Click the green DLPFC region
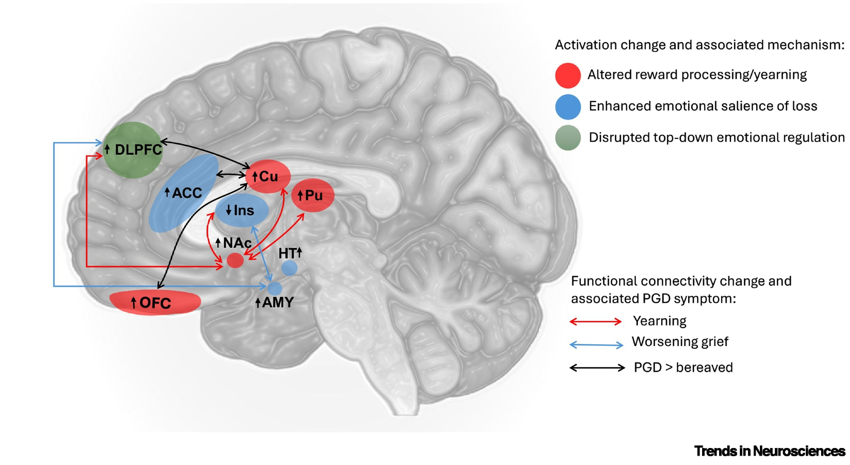pyautogui.click(x=133, y=150)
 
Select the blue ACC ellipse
pyautogui.click(x=184, y=193)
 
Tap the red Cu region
pyautogui.click(x=268, y=176)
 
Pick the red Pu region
pyautogui.click(x=313, y=196)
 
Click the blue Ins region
pyautogui.click(x=241, y=210)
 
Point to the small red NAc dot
pyautogui.click(x=235, y=260)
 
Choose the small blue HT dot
pyautogui.click(x=289, y=268)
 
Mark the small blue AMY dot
pyautogui.click(x=275, y=288)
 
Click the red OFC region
pyautogui.click(x=155, y=303)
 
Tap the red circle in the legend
pyautogui.click(x=568, y=75)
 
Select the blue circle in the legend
pyautogui.click(x=568, y=107)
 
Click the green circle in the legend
pyautogui.click(x=568, y=138)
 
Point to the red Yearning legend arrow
pyautogui.click(x=595, y=322)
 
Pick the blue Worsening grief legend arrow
pyautogui.click(x=596, y=345)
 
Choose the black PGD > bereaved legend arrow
pyautogui.click(x=597, y=368)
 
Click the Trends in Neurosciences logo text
pyautogui.click(x=769, y=451)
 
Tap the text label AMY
pyautogui.click(x=278, y=303)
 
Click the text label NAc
pyautogui.click(x=237, y=243)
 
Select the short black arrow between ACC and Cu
pyautogui.click(x=231, y=174)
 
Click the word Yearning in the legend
pyautogui.click(x=660, y=321)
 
